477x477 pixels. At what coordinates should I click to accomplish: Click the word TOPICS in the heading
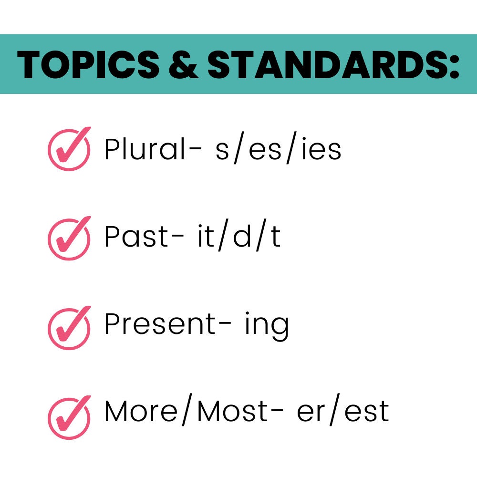tap(89, 64)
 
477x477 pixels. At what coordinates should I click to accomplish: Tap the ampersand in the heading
tap(183, 64)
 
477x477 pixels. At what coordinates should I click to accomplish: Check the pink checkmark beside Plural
tap(69, 149)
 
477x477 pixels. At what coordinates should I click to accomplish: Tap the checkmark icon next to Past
tap(69, 237)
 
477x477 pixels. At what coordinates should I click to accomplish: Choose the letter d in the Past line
tap(242, 237)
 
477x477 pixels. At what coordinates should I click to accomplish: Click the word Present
tap(160, 324)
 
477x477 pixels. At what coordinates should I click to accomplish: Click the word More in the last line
tap(140, 411)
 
